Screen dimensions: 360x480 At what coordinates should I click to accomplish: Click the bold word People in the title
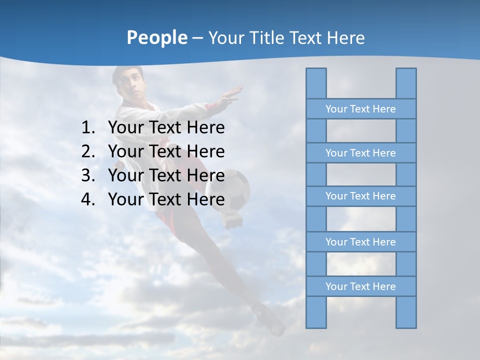click(x=156, y=37)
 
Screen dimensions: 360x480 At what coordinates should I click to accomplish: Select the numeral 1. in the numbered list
click(x=87, y=128)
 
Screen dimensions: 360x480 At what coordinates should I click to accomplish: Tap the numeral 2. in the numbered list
click(x=87, y=151)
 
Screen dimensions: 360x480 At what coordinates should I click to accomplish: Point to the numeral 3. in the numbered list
click(x=87, y=175)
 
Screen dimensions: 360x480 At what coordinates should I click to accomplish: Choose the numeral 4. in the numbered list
click(x=87, y=199)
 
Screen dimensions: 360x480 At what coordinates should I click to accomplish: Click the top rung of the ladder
click(x=360, y=109)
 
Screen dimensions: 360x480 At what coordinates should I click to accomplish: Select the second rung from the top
click(x=360, y=153)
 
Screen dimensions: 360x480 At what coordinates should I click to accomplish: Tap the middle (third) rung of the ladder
click(x=360, y=196)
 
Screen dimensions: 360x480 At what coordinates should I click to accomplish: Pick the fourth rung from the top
click(x=360, y=242)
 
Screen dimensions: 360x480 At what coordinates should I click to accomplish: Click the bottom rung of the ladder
click(x=360, y=286)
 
